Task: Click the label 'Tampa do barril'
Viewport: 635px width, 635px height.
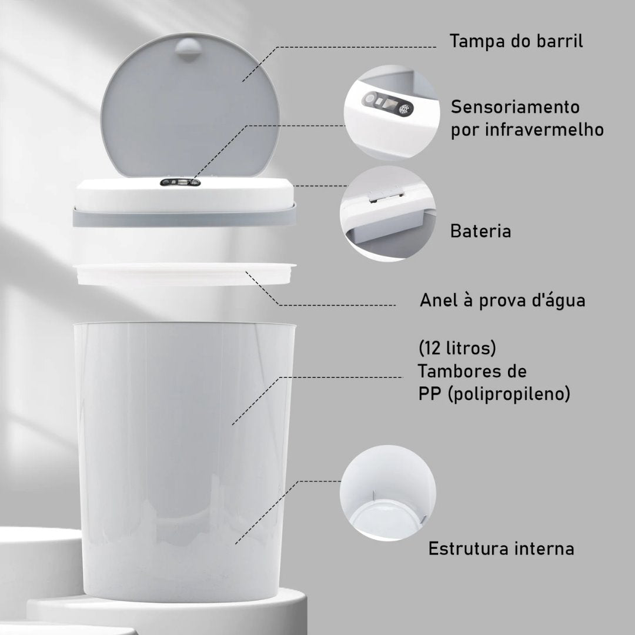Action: point(516,42)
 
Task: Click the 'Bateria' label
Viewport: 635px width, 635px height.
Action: point(480,231)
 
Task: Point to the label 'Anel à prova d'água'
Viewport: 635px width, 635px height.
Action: point(502,300)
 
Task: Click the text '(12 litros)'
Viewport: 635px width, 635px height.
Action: point(457,349)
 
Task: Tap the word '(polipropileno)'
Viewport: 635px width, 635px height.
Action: point(509,394)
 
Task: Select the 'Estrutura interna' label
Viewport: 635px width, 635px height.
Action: point(501,549)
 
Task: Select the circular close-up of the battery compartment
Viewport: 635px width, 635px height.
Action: point(388,213)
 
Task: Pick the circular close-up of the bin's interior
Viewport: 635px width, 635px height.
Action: point(388,493)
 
